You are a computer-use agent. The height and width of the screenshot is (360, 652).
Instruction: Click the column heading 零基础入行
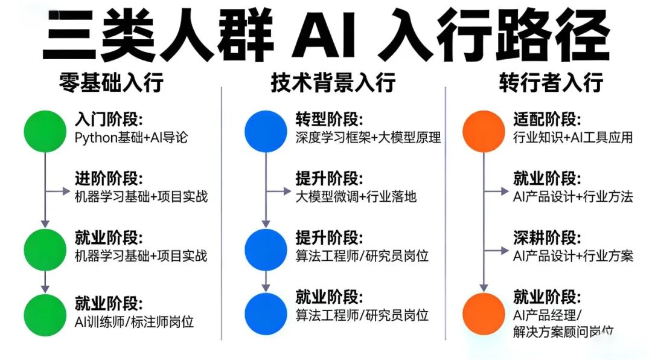point(112,82)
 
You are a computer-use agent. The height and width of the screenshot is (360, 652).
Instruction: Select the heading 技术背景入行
point(333,82)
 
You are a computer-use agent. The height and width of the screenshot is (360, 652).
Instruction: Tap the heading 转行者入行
point(551,82)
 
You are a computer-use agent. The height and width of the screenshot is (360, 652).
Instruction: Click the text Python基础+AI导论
point(132,137)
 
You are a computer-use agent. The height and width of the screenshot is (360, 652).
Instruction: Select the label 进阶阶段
point(109,179)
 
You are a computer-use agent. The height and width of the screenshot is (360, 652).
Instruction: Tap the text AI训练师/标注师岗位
point(135,321)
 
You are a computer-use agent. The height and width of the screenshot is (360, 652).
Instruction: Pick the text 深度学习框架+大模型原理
point(368,137)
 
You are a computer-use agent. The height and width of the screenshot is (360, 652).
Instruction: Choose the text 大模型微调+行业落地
point(356,196)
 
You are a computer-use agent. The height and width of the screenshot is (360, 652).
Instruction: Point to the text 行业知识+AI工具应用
point(573,137)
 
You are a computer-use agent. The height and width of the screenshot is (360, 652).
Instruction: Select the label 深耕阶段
point(547,238)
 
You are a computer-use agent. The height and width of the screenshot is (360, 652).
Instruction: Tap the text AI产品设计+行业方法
point(573,196)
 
